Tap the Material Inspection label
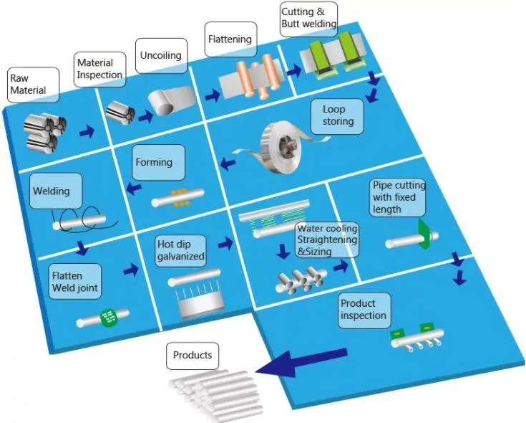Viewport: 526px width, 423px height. pos(99,69)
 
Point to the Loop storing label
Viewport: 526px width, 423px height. pos(338,116)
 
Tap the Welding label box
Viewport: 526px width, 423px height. pos(52,191)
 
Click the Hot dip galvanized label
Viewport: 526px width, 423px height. pos(181,250)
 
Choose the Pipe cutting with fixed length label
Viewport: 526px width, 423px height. pos(398,197)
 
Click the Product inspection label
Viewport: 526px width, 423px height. pos(364,310)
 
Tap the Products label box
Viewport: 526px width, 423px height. pos(193,356)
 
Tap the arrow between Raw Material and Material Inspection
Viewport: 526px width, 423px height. pos(87,132)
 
